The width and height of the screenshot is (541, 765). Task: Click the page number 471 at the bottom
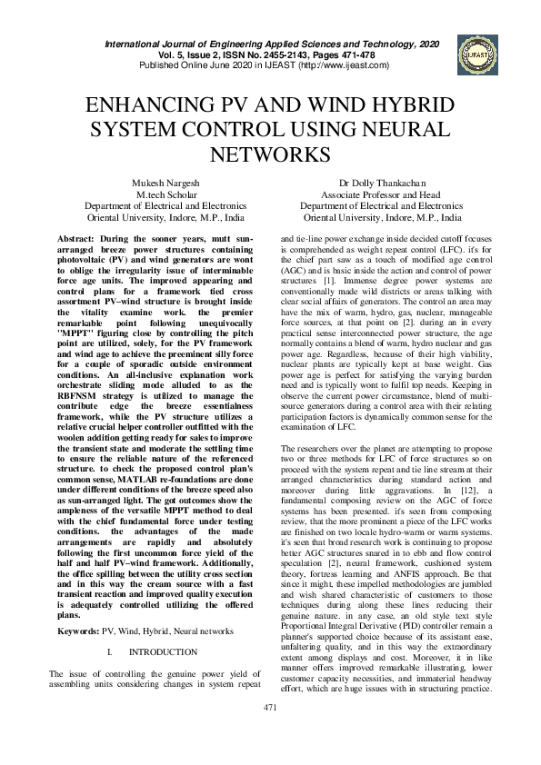(x=270, y=731)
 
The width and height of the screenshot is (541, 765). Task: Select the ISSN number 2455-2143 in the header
(x=284, y=55)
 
